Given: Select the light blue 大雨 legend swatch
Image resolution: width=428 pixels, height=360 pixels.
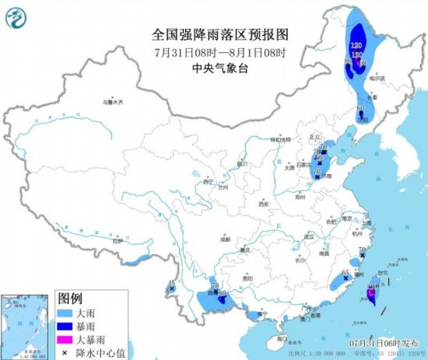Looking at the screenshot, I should [68, 312].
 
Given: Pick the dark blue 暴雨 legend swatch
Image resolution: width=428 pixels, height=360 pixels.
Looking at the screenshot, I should [68, 325].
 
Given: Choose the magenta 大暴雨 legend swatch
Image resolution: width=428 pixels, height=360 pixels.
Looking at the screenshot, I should [68, 338].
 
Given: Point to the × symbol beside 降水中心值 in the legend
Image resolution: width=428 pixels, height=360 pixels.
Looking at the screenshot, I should [68, 351].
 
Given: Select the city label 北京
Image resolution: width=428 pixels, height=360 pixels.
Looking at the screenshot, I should [315, 137].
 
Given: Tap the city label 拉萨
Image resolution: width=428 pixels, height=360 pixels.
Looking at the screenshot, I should [118, 243].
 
